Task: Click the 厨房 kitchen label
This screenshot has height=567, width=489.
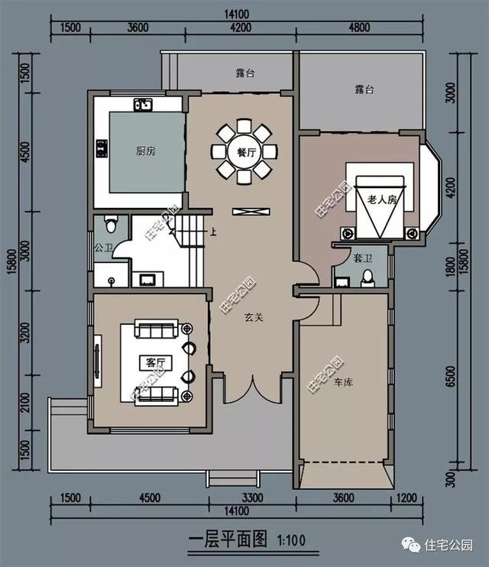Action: [146, 151]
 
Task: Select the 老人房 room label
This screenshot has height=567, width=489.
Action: [382, 199]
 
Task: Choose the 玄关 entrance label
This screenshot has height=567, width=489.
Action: [254, 317]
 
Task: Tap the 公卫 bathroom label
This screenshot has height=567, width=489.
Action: [103, 247]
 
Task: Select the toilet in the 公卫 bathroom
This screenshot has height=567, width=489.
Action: [111, 225]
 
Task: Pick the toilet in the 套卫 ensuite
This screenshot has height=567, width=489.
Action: [368, 277]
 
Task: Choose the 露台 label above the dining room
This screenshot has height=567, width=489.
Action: [244, 75]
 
